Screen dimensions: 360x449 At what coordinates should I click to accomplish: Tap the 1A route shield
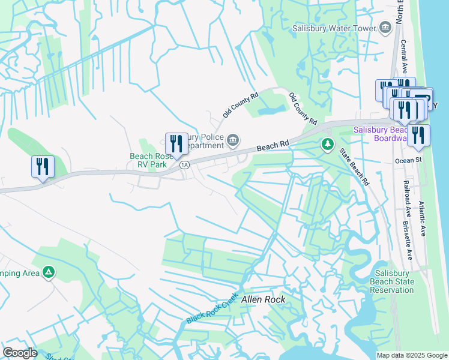coord(184,164)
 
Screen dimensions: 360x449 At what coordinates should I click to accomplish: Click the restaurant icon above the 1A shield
coord(176,144)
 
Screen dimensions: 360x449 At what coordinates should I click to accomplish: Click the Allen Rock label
coord(263,299)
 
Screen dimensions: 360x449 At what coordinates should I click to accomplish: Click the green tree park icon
coord(327,144)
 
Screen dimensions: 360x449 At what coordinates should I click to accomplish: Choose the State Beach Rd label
coord(354,166)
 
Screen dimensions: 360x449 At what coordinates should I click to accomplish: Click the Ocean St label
coord(409,161)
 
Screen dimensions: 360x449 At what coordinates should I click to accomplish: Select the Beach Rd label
coord(273,146)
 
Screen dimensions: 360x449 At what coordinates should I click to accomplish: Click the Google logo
coord(20,353)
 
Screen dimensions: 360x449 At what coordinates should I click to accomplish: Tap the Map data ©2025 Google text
coord(411,355)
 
